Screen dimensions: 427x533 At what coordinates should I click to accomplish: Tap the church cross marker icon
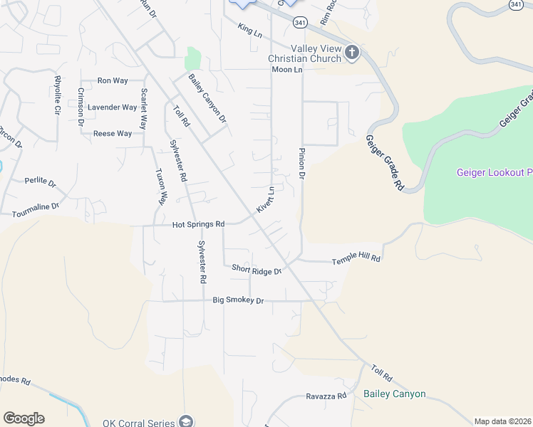click(351, 52)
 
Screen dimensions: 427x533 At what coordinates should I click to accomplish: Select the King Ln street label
click(250, 30)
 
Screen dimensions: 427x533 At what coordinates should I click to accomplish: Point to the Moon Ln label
click(286, 70)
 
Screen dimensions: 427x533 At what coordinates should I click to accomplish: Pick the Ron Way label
click(113, 81)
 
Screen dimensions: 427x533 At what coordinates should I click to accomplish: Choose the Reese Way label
click(113, 134)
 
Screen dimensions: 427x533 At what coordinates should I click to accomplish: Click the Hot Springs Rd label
click(198, 224)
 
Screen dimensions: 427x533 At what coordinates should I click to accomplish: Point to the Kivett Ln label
click(265, 200)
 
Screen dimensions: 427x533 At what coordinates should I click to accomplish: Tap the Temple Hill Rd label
click(356, 261)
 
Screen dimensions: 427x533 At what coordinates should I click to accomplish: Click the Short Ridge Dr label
click(257, 269)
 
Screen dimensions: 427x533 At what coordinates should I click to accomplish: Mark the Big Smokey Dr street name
click(238, 301)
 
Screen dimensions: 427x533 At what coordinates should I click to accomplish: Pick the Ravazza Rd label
click(326, 396)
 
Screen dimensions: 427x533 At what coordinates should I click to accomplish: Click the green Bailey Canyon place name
click(394, 394)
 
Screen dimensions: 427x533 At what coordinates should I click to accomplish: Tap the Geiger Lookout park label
click(494, 173)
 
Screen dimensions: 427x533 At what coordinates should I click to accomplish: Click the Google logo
click(24, 418)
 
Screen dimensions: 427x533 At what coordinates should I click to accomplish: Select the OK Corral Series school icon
click(186, 422)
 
